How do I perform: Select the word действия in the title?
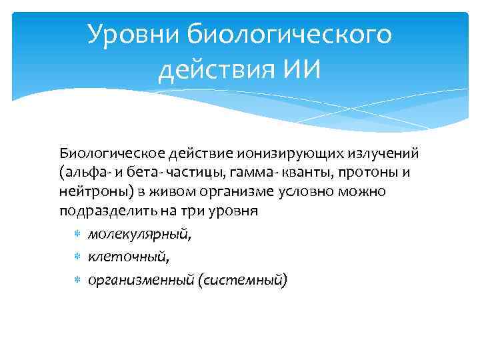coord(209,69)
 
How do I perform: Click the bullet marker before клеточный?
coord(77,257)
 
